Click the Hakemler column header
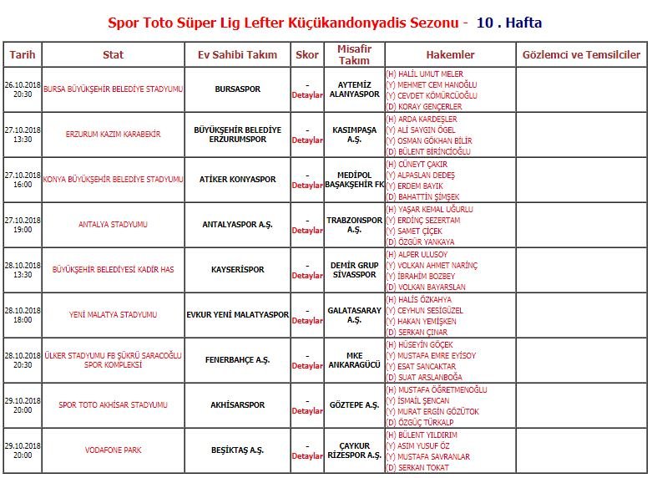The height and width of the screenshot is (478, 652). (x=450, y=55)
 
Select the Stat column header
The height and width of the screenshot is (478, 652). (x=113, y=55)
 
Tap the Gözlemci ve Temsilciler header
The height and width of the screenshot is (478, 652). (x=580, y=55)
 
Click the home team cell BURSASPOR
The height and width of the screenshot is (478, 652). (x=237, y=89)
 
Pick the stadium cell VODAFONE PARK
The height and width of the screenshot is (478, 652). (x=113, y=450)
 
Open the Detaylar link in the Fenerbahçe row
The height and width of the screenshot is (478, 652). (x=307, y=366)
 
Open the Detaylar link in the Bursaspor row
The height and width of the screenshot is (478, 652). (x=307, y=95)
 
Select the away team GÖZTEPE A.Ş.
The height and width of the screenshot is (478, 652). (x=354, y=405)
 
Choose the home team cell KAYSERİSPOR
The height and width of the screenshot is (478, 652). (x=237, y=270)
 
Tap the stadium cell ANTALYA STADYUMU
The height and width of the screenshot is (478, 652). (x=113, y=225)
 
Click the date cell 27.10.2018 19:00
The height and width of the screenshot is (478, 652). (x=23, y=225)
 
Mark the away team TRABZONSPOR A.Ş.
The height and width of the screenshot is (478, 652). (x=354, y=225)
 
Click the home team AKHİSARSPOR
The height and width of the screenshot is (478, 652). (x=237, y=405)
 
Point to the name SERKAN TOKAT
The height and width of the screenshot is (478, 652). (x=421, y=468)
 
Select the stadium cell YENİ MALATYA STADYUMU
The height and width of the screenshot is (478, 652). (x=113, y=315)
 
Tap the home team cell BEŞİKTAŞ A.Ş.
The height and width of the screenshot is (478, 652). (x=237, y=450)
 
